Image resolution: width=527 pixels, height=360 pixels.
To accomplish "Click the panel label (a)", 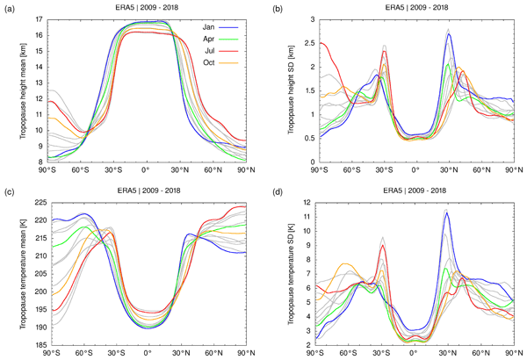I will pyautogui.click(x=12, y=6).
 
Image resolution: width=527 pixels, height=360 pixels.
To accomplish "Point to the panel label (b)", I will pyautogui.click(x=276, y=6).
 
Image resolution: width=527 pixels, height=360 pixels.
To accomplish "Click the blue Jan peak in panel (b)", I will pyautogui.click(x=449, y=34).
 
